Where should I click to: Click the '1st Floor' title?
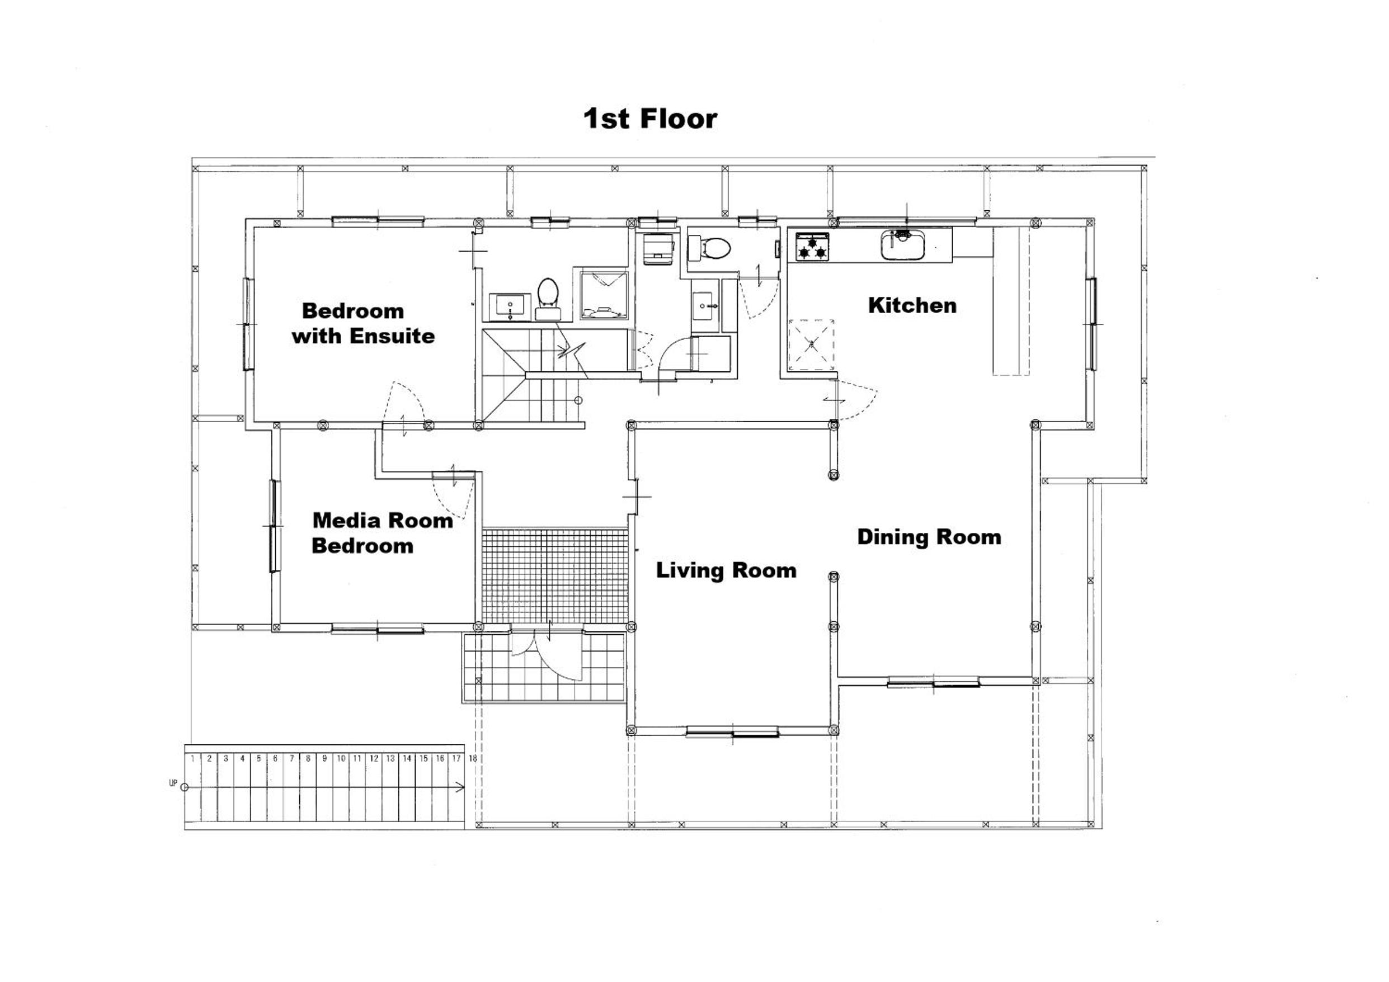click(x=651, y=119)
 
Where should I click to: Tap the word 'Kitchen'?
click(x=912, y=305)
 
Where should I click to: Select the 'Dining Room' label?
click(x=929, y=537)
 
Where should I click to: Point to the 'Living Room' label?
click(x=726, y=570)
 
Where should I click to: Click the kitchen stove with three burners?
click(x=812, y=247)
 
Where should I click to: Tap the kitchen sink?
click(x=903, y=244)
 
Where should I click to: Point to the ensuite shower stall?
click(x=604, y=295)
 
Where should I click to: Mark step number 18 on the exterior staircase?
click(x=473, y=758)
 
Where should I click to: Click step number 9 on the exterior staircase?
click(x=324, y=758)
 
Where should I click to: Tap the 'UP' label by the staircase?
click(x=173, y=783)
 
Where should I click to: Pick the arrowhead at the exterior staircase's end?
click(x=461, y=787)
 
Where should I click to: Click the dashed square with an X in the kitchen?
click(x=811, y=344)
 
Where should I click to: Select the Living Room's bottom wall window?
click(x=732, y=734)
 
